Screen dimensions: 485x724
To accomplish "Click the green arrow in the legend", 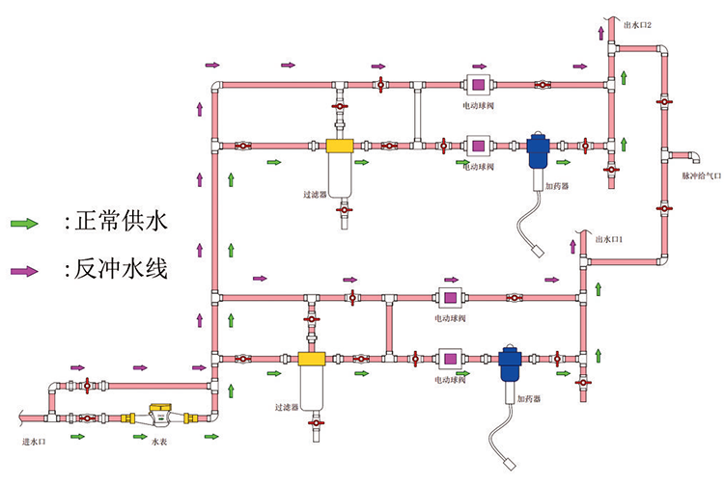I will [24, 224].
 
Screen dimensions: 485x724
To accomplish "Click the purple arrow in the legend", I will [24, 270].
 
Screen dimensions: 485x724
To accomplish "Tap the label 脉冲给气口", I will [702, 177].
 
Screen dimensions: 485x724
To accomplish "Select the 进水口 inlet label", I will [36, 443].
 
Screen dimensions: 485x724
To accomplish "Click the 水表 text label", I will [159, 443].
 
